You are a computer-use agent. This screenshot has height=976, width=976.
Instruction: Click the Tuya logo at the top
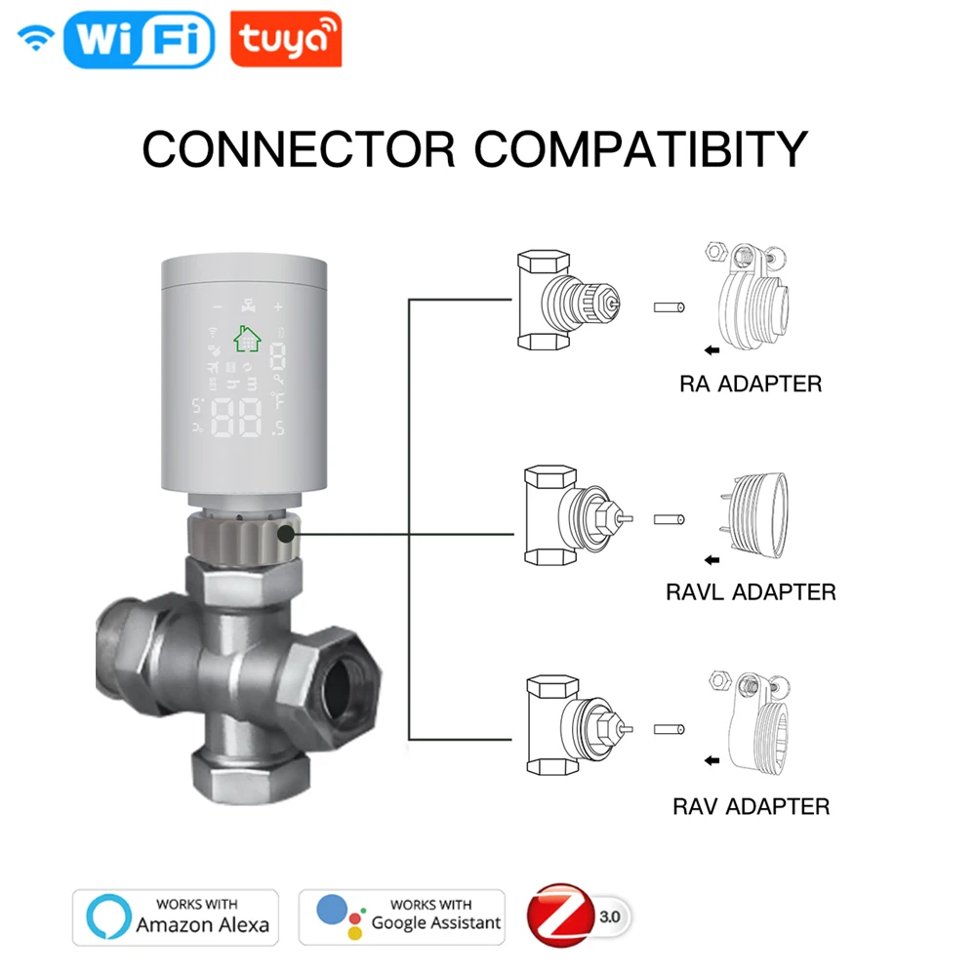point(285,40)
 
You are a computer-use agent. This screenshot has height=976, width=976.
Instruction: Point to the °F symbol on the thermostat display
point(278,400)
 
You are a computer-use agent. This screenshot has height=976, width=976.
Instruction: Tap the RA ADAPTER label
point(751,384)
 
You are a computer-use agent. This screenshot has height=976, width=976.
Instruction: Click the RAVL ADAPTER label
point(751,591)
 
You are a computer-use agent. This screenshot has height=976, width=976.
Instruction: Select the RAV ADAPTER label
point(751,806)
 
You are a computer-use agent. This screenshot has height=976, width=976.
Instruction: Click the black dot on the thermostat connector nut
point(286,534)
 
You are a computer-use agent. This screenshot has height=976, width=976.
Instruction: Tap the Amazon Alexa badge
point(176,916)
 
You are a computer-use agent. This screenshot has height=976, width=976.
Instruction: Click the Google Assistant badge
point(402,916)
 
